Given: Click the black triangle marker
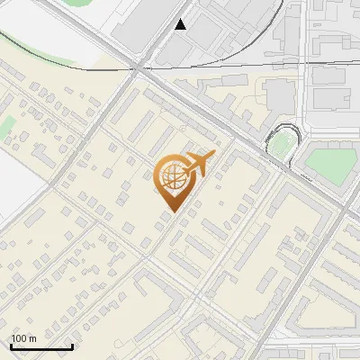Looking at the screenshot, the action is [182, 24].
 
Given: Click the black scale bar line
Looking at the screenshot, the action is [41, 346].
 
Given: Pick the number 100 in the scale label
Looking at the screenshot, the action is [19, 338].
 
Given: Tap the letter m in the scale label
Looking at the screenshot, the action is [32, 338].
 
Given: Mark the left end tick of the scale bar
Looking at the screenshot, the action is [11, 346].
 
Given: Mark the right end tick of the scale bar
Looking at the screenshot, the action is [72, 346].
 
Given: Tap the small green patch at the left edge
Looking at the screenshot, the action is [7, 125].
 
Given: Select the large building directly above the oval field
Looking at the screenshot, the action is [281, 93].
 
